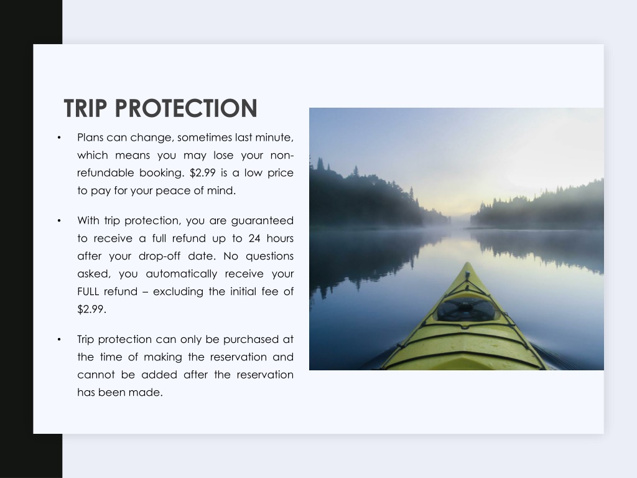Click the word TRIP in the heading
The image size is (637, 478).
(x=86, y=108)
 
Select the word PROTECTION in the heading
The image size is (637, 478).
(x=186, y=108)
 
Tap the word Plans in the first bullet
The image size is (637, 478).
(x=90, y=138)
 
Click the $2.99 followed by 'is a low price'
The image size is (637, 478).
(x=202, y=173)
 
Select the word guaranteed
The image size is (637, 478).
(x=262, y=221)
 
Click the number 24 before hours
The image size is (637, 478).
(x=254, y=238)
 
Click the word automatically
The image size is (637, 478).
(x=181, y=274)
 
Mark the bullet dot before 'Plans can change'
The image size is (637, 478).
(x=59, y=138)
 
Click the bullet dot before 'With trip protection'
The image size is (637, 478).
(x=59, y=221)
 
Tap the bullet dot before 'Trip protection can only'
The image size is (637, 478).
(x=59, y=339)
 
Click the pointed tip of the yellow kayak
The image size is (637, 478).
(x=468, y=263)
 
